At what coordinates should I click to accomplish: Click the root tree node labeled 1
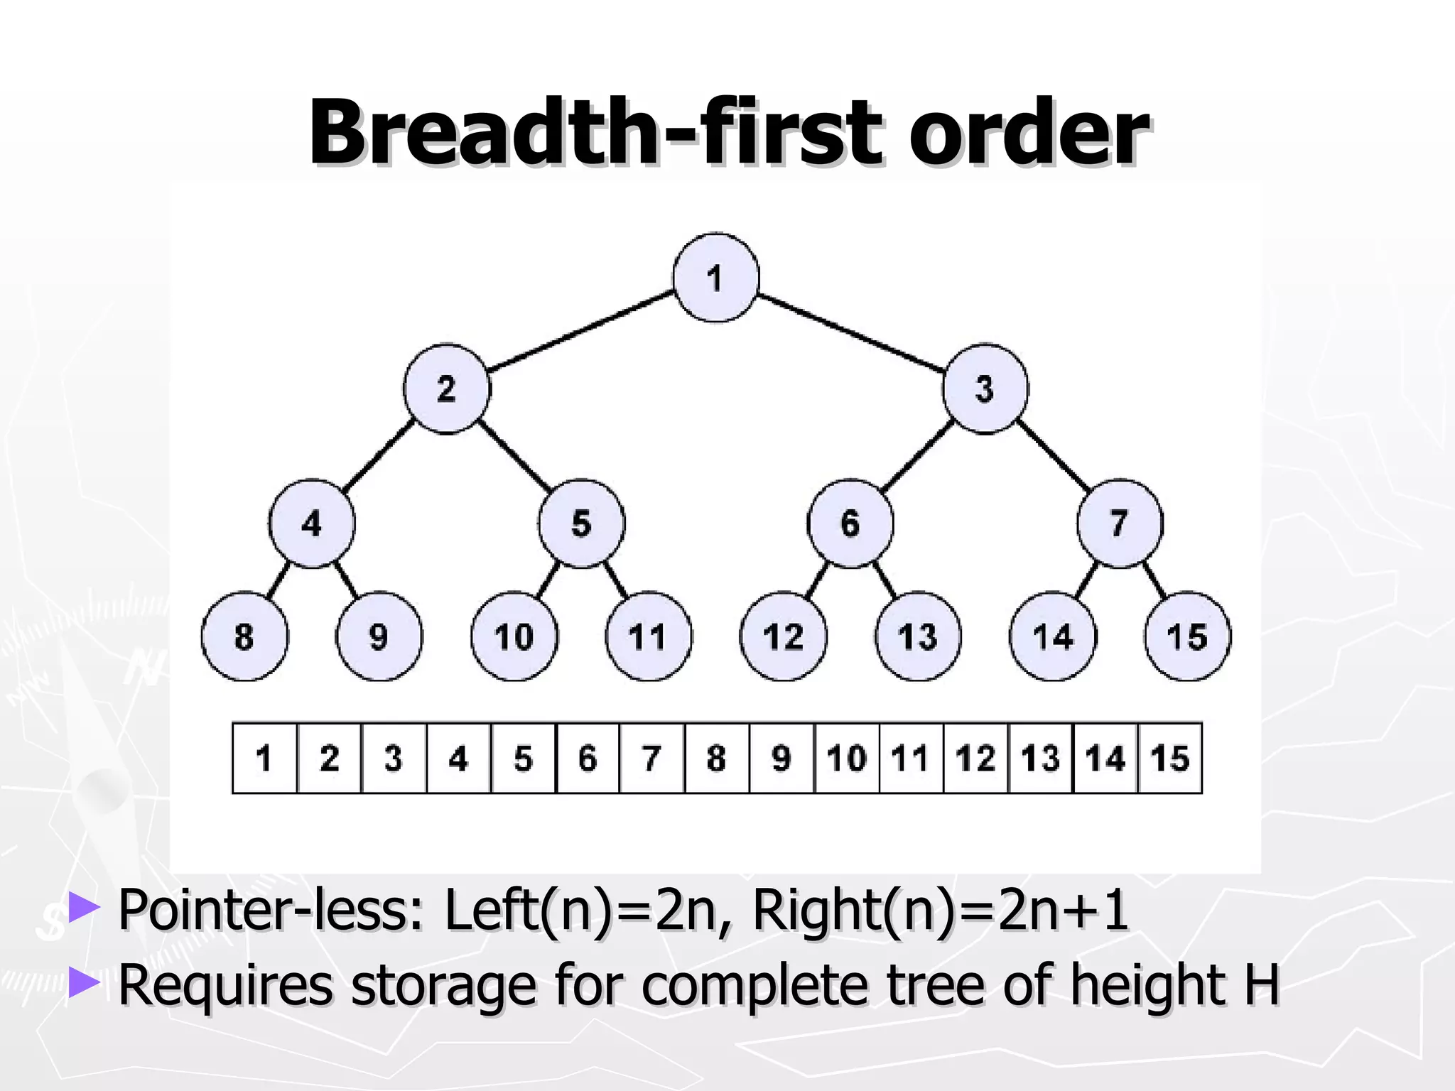pos(715,278)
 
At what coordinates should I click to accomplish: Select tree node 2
pos(446,389)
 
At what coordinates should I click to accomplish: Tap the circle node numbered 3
pos(985,389)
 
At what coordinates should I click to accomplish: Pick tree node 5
pos(581,524)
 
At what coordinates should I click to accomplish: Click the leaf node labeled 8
pos(244,636)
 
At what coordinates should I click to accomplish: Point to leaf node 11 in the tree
pos(648,636)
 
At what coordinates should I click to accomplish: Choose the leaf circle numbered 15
pos(1187,636)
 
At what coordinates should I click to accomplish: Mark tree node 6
pos(850,524)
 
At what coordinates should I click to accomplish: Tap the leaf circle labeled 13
pos(918,636)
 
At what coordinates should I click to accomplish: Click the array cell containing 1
pos(264,758)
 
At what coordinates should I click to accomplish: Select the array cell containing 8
pos(717,758)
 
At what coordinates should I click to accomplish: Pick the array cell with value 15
pos(1170,758)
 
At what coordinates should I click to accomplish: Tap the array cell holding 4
pos(458,758)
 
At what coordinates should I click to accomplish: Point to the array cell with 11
pos(911,758)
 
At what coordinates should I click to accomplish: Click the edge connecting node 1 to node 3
pos(850,332)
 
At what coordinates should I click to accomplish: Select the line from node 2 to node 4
pos(379,455)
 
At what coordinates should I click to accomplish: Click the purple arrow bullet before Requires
pos(85,983)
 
